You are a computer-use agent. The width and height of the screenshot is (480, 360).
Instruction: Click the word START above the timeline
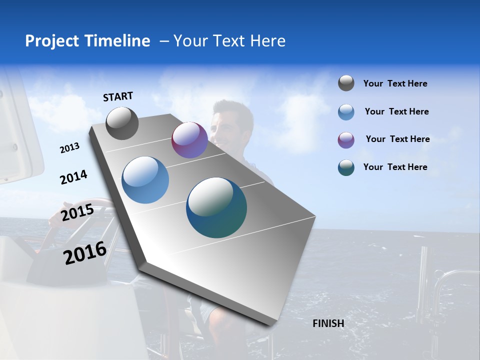(x=118, y=96)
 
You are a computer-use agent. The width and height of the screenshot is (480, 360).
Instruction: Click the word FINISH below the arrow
(x=328, y=323)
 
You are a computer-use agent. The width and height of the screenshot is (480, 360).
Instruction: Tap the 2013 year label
(x=69, y=148)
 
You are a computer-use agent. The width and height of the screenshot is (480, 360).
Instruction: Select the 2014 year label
(x=73, y=177)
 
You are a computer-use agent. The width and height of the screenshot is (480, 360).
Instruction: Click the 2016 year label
(x=85, y=253)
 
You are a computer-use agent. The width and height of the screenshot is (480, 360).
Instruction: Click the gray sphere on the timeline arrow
(x=122, y=123)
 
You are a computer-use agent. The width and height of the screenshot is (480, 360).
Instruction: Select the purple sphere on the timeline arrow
(x=189, y=140)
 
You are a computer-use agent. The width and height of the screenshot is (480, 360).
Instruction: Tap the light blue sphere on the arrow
(x=145, y=180)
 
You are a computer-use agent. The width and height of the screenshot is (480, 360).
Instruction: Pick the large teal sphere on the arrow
(x=216, y=207)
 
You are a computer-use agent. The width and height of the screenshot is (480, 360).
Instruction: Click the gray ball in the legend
(x=346, y=83)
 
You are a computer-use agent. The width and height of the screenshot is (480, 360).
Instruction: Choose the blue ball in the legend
(x=346, y=112)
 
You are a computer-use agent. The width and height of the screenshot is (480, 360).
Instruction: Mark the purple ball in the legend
(x=346, y=140)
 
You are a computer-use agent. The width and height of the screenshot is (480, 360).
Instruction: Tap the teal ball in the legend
(x=346, y=167)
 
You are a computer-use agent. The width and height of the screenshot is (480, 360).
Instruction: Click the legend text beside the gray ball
(x=395, y=84)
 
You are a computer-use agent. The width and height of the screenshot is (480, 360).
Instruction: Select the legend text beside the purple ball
(x=397, y=139)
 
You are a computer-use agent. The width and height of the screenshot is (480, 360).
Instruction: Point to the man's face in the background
(x=226, y=122)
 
